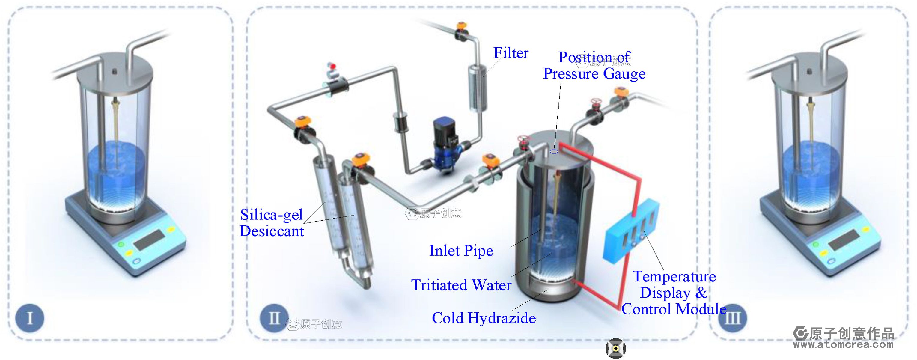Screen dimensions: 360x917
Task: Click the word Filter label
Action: click(511, 53)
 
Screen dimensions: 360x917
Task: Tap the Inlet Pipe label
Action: click(461, 251)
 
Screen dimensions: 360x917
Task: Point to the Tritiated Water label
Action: click(461, 285)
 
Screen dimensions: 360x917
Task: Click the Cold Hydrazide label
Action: click(484, 318)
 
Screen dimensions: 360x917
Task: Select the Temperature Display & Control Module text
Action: click(674, 293)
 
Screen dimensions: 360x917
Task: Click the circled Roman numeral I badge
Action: click(30, 318)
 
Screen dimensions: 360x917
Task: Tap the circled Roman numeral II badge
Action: click(274, 318)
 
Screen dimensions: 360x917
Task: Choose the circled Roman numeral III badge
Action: click(733, 318)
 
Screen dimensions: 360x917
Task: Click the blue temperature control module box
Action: click(630, 231)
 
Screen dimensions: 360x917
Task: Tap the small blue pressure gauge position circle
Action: click(554, 152)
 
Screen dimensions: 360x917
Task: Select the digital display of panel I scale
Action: click(149, 239)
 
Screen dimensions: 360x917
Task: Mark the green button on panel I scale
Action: click(121, 244)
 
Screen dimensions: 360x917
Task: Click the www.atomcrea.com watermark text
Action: click(843, 345)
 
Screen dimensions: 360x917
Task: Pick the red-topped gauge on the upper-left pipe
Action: click(332, 67)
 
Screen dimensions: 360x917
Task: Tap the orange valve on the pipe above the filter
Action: click(462, 26)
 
